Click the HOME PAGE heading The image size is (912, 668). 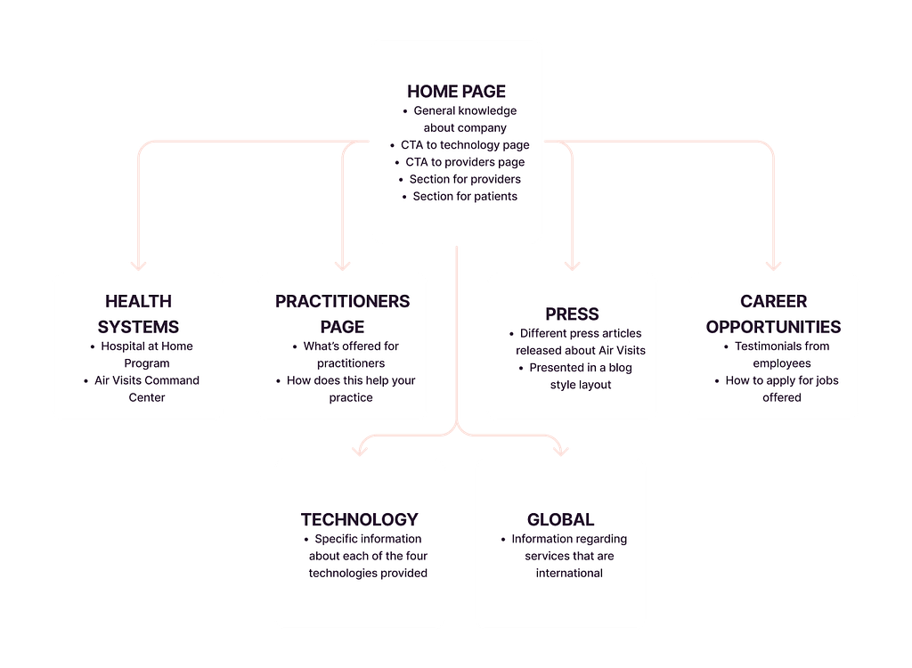tap(456, 91)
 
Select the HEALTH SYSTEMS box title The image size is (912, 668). tap(138, 314)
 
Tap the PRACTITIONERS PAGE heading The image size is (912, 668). tap(342, 314)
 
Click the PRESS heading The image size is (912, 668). tap(572, 314)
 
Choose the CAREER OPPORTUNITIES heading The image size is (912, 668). tap(773, 314)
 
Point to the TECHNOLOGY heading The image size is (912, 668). tap(359, 519)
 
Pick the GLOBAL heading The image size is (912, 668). tap(560, 519)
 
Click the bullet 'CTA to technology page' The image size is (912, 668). tap(465, 145)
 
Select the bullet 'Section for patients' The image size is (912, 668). tap(465, 196)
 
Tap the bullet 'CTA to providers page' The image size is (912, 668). tap(465, 162)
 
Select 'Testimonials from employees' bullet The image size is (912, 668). tap(773, 354)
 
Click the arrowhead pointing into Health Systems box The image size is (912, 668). tap(138, 265)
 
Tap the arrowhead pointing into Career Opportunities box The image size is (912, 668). tap(773, 265)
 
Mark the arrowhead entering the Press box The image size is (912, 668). tap(572, 265)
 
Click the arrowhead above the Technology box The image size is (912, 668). tap(359, 450)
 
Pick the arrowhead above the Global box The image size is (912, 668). tap(560, 450)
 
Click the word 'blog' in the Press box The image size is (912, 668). tap(620, 367)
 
